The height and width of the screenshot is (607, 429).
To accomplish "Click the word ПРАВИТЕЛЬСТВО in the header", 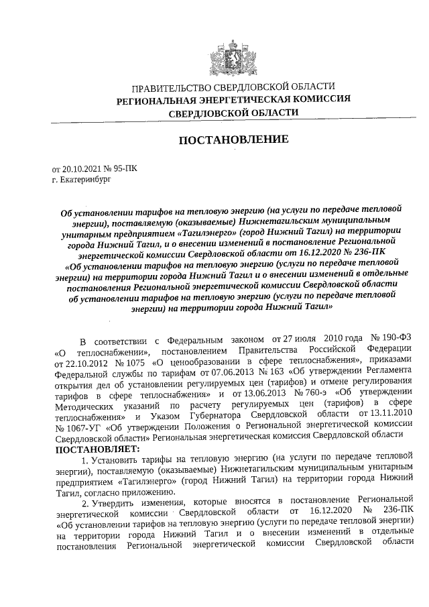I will [167, 87].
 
